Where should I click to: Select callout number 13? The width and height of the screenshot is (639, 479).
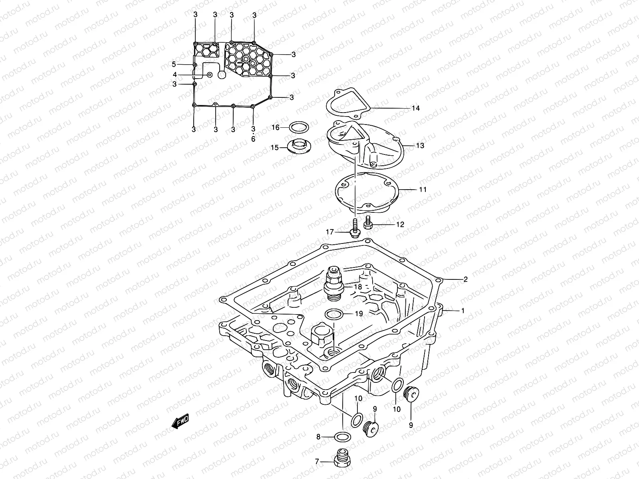420,146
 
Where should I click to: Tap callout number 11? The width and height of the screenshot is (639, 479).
423,190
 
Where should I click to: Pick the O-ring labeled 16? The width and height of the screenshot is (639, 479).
298,128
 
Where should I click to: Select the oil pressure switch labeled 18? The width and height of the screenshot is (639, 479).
335,285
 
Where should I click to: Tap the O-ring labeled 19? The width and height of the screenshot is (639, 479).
333,314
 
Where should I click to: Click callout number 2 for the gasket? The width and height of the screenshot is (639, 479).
465,279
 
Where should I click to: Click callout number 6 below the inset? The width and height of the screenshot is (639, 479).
253,139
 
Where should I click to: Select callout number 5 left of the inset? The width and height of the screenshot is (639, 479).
174,64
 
